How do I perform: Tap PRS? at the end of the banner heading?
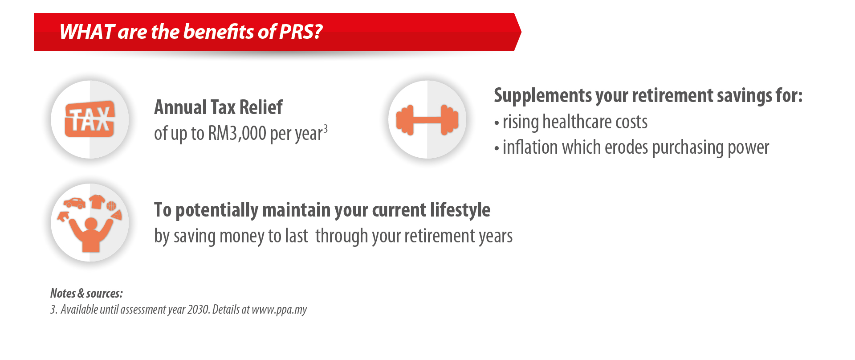pos(300,32)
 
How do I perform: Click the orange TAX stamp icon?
pos(90,119)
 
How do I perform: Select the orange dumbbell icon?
pos(427,120)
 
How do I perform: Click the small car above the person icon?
pos(74,203)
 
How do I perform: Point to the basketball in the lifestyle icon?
pos(111,205)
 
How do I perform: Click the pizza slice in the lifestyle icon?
pos(117,215)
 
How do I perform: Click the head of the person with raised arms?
pos(91,224)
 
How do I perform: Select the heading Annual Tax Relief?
pos(218,107)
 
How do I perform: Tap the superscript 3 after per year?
pos(326,129)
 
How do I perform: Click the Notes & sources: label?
pos(86,293)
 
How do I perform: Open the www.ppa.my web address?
pos(279,310)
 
